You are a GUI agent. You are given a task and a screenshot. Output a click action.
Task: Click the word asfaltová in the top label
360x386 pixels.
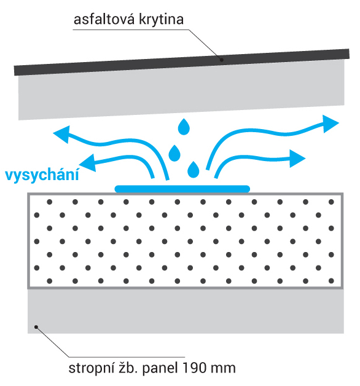click(x=104, y=19)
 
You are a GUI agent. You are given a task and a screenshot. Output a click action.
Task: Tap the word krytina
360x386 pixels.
click(x=162, y=19)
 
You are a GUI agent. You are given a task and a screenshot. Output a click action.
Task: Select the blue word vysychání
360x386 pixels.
click(x=42, y=175)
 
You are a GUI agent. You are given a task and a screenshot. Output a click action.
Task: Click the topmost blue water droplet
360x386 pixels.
click(x=184, y=127)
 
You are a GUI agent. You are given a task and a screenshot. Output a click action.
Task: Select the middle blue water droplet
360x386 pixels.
click(x=174, y=154)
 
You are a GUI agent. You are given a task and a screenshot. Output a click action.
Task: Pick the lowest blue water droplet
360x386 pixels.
click(x=194, y=170)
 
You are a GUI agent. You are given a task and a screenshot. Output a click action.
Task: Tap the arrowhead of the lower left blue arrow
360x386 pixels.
click(x=88, y=163)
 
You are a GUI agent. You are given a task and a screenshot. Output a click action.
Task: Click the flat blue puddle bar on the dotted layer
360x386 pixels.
click(x=182, y=189)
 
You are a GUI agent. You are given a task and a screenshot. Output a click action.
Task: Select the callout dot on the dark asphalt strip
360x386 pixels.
click(x=221, y=60)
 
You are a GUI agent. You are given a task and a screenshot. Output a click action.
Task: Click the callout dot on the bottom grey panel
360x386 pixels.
click(x=36, y=327)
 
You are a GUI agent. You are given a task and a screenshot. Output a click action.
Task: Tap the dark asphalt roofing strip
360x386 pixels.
click(x=182, y=62)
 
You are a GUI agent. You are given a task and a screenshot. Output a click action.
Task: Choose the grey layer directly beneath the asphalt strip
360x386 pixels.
click(x=182, y=90)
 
